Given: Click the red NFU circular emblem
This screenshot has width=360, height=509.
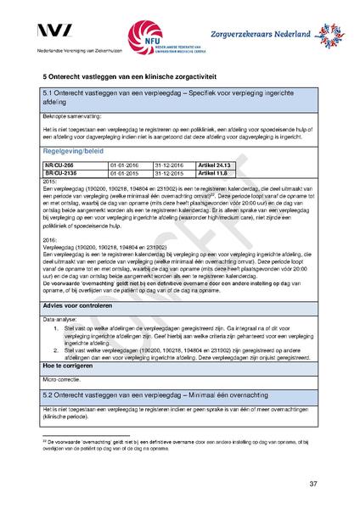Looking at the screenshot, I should pyautogui.click(x=143, y=36).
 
